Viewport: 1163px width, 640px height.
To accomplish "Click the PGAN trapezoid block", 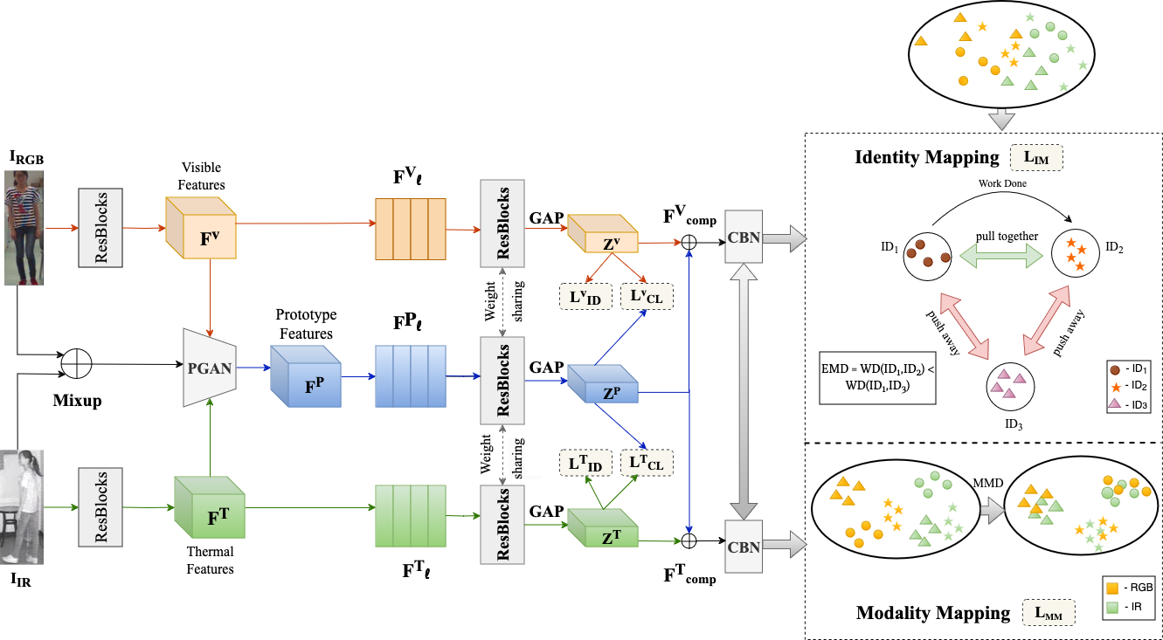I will [209, 368].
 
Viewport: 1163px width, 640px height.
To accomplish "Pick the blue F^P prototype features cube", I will [304, 377].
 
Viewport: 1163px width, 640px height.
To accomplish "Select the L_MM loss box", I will [1048, 612].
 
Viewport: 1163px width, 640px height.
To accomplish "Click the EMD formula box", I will [877, 378].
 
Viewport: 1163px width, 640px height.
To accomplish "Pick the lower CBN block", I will [744, 547].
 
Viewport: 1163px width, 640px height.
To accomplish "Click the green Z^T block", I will [603, 528].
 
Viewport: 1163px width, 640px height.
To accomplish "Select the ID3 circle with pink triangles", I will [1012, 387].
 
